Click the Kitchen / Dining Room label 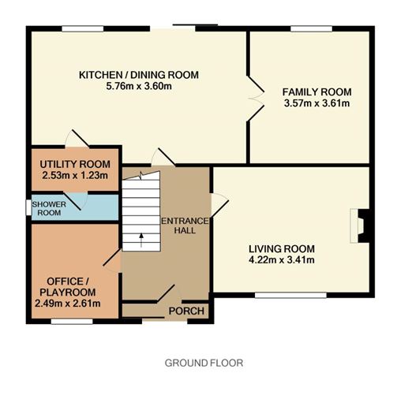coord(139,75)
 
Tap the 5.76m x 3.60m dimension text coord(139,86)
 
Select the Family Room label coord(316,92)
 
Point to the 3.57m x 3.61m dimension coord(316,103)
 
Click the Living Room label coord(282,248)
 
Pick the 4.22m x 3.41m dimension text coord(282,260)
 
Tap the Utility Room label coord(75,164)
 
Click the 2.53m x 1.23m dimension coord(75,175)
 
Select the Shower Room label coord(49,208)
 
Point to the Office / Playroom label coord(68,287)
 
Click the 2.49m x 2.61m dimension coord(68,304)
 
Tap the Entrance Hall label coord(185,225)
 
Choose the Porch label coord(186,311)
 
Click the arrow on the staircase coord(141,240)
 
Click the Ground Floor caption coord(204,363)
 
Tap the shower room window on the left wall coord(28,207)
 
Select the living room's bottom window coord(290,295)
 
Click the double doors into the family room coord(256,99)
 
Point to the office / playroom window coord(72,322)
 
